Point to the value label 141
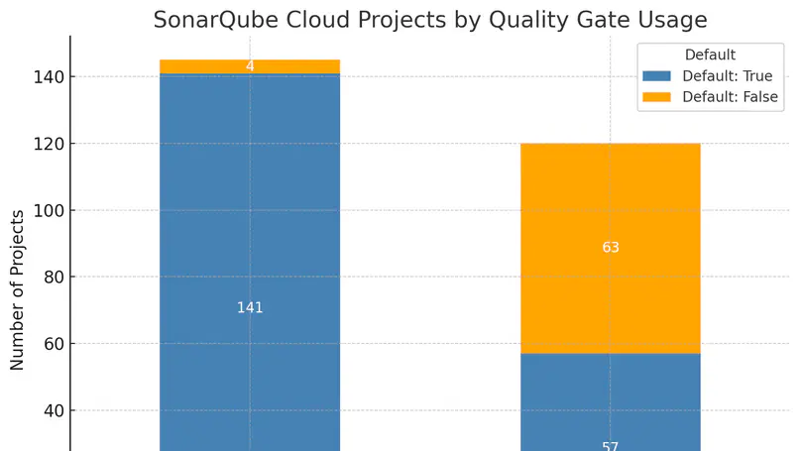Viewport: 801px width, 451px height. [250, 308]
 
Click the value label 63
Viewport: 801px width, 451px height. [611, 247]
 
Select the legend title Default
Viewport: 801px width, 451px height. [709, 56]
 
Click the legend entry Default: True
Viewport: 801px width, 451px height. [728, 76]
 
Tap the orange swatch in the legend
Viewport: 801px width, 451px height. [656, 97]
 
